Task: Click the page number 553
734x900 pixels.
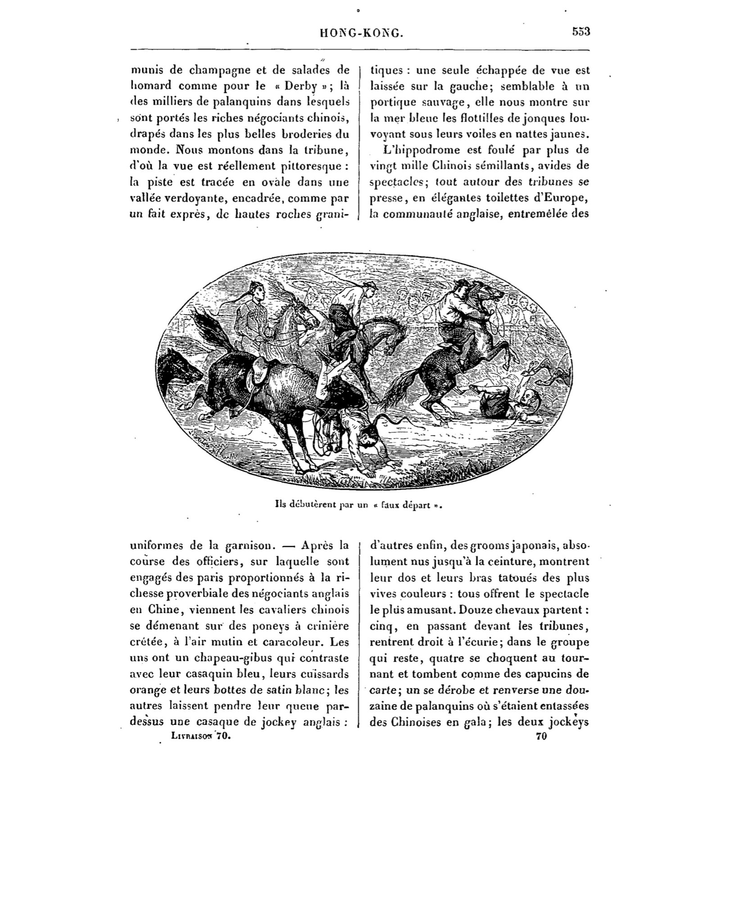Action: (x=581, y=32)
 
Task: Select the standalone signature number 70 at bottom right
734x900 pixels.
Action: (x=541, y=736)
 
